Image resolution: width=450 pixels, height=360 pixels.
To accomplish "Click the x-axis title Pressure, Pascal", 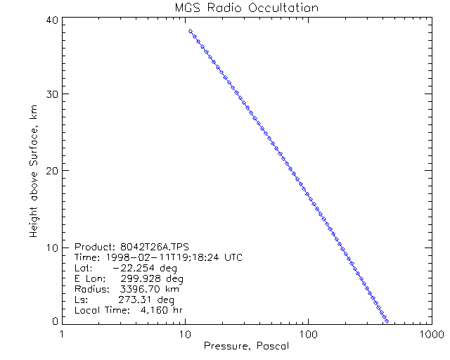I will pyautogui.click(x=246, y=346).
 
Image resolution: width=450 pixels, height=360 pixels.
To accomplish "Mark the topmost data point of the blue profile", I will pyautogui.click(x=190, y=31).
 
